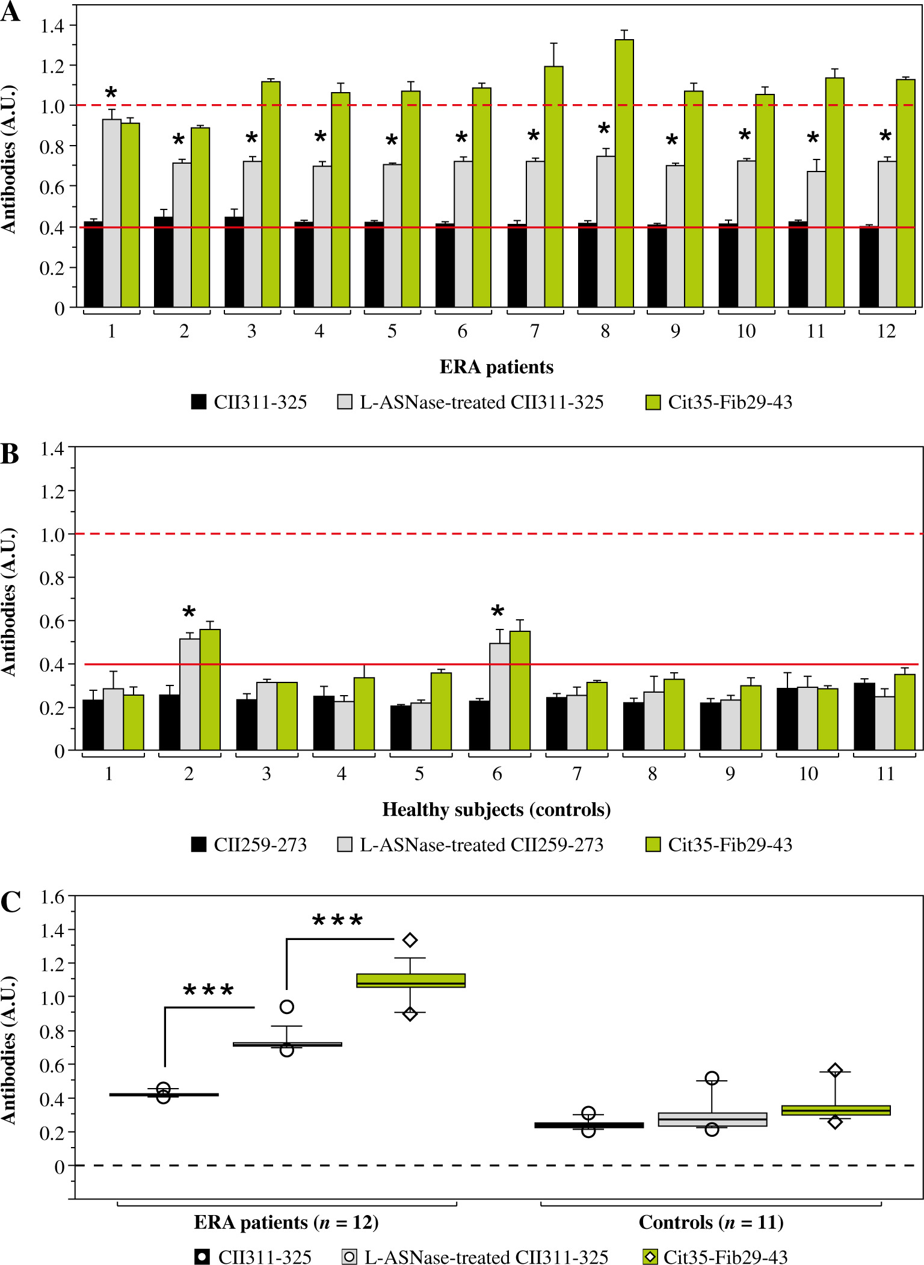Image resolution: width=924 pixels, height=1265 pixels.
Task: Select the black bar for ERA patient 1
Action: [x=93, y=265]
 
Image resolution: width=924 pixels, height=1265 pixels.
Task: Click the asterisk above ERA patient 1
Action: [x=111, y=93]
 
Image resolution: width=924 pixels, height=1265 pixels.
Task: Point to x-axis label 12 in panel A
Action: [x=886, y=331]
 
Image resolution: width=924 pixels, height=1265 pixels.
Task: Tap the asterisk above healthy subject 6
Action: [x=497, y=612]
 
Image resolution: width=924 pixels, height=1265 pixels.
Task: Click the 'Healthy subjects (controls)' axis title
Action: [x=496, y=809]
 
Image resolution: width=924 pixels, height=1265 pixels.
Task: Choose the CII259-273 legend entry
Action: [x=249, y=844]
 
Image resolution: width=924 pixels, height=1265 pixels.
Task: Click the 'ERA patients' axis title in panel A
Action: [x=496, y=367]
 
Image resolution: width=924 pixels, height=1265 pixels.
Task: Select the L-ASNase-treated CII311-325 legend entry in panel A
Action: [x=470, y=402]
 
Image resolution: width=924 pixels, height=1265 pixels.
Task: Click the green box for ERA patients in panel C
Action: [x=410, y=980]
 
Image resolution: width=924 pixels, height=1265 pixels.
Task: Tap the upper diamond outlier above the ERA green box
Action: [x=410, y=939]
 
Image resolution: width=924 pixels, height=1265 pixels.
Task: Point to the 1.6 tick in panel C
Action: [x=52, y=897]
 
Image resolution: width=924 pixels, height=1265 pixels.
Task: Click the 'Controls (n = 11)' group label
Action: [x=710, y=1222]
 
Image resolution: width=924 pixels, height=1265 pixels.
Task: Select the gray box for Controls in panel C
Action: [x=712, y=1119]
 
